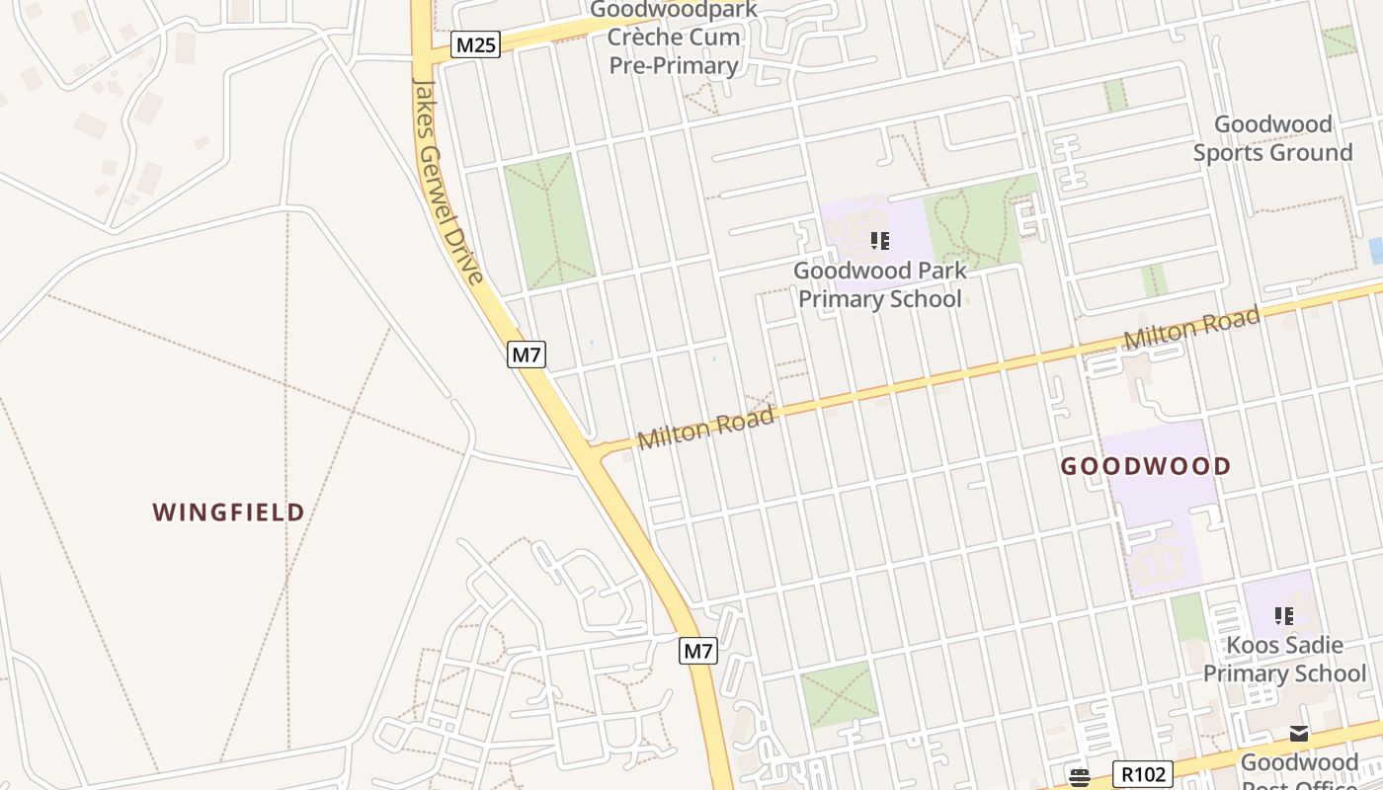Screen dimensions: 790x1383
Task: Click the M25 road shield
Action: (x=476, y=44)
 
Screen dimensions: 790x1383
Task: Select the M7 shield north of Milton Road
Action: (x=527, y=355)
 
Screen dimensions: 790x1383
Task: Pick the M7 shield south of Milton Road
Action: (x=698, y=652)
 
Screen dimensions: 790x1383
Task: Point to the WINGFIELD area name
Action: (x=228, y=512)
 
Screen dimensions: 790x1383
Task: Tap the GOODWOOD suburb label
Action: (x=1146, y=466)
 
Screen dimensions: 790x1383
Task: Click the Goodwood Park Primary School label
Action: (x=879, y=284)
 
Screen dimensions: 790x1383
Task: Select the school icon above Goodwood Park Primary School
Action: (x=879, y=240)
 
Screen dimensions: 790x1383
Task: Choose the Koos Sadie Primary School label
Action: (x=1284, y=660)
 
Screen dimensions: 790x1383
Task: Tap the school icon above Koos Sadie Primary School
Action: (x=1284, y=616)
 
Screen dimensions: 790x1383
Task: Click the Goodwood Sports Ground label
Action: (x=1272, y=138)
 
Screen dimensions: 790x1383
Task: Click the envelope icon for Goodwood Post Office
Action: (x=1299, y=733)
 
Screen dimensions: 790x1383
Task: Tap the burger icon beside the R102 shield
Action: (x=1079, y=776)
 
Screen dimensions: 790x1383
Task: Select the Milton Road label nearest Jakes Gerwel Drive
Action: (x=705, y=429)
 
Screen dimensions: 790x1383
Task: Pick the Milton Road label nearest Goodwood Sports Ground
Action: (x=1191, y=327)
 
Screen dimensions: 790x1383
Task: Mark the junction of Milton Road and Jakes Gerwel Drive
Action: (x=597, y=449)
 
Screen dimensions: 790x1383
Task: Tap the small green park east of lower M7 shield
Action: (x=839, y=694)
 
